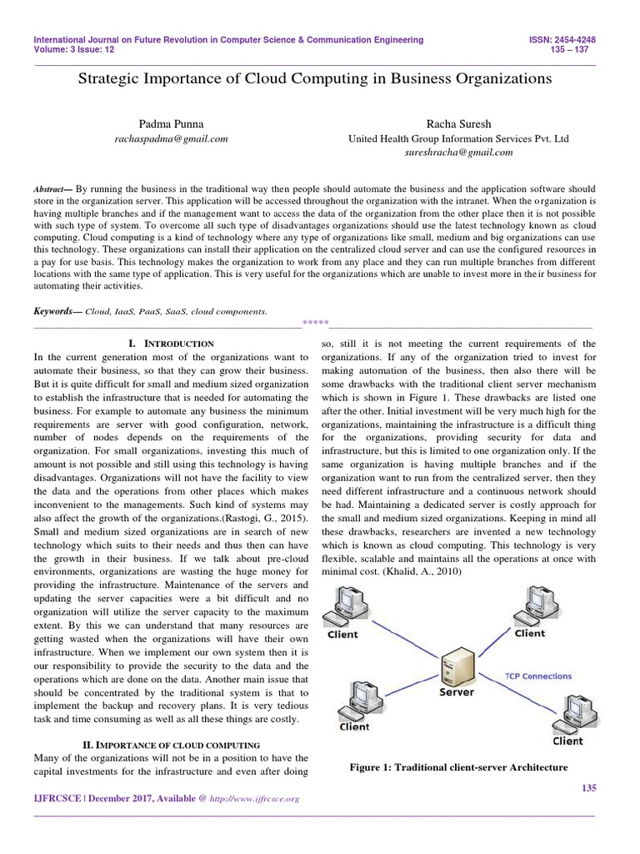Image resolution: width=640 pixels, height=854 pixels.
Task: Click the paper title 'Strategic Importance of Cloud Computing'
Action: click(315, 80)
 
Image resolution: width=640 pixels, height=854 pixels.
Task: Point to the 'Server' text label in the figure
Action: click(456, 692)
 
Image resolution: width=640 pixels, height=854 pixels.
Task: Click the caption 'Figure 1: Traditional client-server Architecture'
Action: click(459, 766)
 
